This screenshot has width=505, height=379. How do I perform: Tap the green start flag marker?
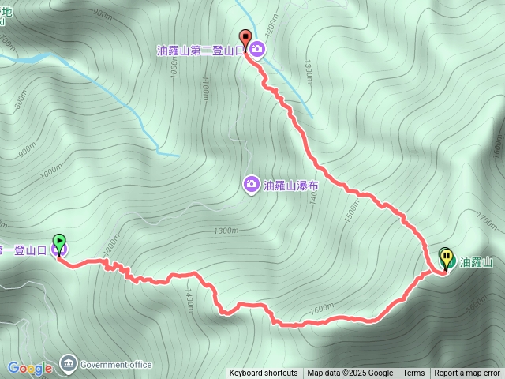pos(59,242)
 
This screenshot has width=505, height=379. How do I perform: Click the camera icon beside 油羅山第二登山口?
pos(259,51)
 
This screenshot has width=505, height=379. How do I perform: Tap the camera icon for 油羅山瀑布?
pos(251,184)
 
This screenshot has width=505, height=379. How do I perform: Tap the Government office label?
pos(115,365)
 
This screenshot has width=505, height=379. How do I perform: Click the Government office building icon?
pos(68,363)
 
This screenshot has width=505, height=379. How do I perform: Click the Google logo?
pos(30,368)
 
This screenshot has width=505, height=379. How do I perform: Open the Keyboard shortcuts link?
pos(264,373)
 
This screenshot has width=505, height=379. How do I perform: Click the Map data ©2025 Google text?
pos(350,373)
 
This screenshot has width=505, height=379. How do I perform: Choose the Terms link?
pos(413,373)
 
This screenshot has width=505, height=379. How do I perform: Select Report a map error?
pos(467,373)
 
